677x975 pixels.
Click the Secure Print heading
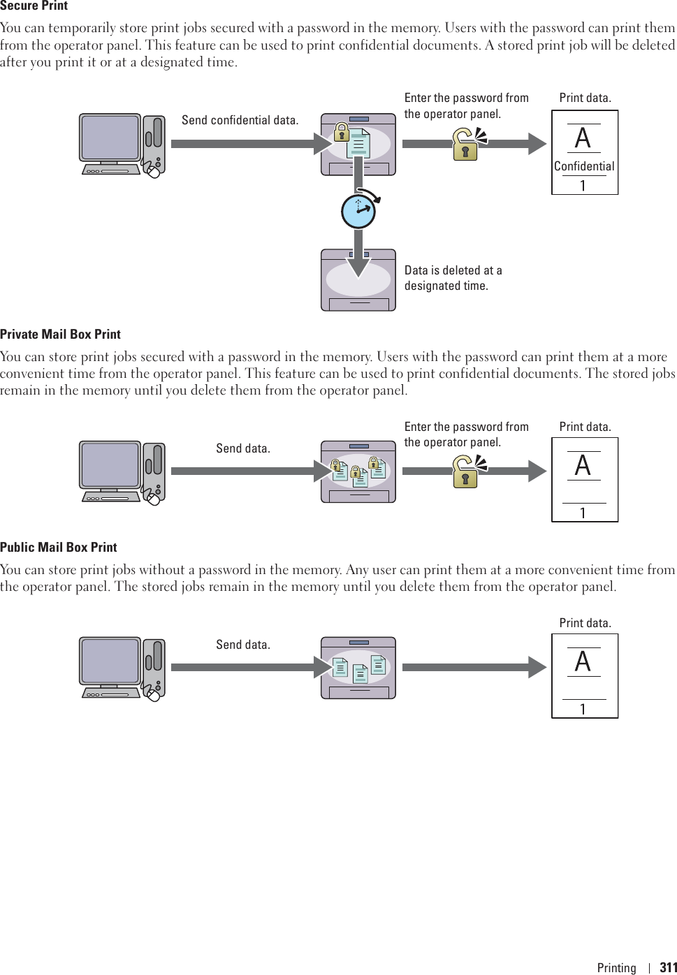(x=34, y=6)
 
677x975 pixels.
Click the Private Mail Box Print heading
(x=60, y=335)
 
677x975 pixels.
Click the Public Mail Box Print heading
(x=59, y=548)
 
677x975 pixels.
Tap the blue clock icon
(x=358, y=211)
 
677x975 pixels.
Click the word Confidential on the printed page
(x=584, y=166)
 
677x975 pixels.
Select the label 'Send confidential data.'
(x=240, y=120)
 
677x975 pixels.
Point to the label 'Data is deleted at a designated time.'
(x=453, y=278)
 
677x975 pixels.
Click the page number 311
(x=669, y=967)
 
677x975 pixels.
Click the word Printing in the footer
(x=616, y=967)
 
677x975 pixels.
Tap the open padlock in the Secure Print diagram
(x=466, y=144)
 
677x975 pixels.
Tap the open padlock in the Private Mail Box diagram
(x=466, y=471)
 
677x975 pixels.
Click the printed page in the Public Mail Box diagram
(x=585, y=676)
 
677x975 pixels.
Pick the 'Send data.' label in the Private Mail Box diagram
(x=242, y=448)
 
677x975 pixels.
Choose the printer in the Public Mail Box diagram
(x=358, y=668)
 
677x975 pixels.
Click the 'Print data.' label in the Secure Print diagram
(x=585, y=98)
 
